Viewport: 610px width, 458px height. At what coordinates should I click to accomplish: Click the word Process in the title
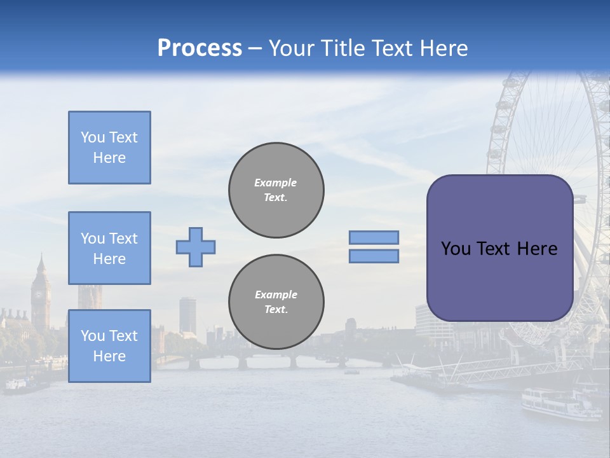coord(200,48)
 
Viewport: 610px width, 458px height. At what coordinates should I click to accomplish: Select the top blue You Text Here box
coord(109,148)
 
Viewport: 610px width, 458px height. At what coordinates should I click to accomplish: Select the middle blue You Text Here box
coord(109,248)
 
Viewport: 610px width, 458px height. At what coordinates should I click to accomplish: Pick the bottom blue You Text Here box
coord(109,346)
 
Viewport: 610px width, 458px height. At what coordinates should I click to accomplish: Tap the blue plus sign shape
coord(196,247)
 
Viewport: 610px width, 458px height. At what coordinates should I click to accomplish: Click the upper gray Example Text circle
coord(276,190)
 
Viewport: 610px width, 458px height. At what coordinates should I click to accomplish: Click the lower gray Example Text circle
coord(276,302)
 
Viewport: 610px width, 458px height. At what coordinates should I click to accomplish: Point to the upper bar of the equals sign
coord(374,237)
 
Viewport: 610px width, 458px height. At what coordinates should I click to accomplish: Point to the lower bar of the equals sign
coord(374,256)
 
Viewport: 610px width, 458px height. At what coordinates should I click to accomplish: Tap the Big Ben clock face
coord(40,295)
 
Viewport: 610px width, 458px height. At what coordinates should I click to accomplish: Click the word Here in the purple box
coord(537,249)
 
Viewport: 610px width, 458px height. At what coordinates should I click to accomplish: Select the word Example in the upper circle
coord(276,183)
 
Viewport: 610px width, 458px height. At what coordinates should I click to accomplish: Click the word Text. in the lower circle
coord(276,310)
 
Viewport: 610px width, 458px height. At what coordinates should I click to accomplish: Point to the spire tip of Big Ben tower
coord(41,254)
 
